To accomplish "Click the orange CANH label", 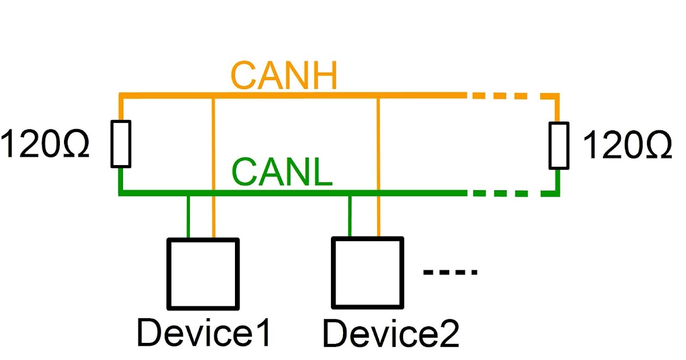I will pyautogui.click(x=284, y=76).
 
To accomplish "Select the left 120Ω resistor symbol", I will pyautogui.click(x=121, y=143).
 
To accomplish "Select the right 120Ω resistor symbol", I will pyautogui.click(x=559, y=145).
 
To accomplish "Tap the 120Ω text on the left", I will pyautogui.click(x=45, y=145).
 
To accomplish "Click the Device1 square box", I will pyautogui.click(x=202, y=273).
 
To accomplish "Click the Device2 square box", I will pyautogui.click(x=368, y=273).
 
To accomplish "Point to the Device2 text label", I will pyautogui.click(x=391, y=334).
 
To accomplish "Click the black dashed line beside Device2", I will pyautogui.click(x=450, y=273).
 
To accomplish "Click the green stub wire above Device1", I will pyautogui.click(x=188, y=216).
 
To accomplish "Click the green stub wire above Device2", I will pyautogui.click(x=350, y=216).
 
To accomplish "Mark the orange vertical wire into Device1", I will pyautogui.click(x=213, y=166).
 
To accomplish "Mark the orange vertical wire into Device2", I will pyautogui.click(x=378, y=166).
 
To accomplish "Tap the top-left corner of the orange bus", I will pyautogui.click(x=121, y=96).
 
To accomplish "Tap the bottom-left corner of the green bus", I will pyautogui.click(x=121, y=193).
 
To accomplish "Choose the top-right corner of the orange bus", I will pyautogui.click(x=558, y=97).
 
